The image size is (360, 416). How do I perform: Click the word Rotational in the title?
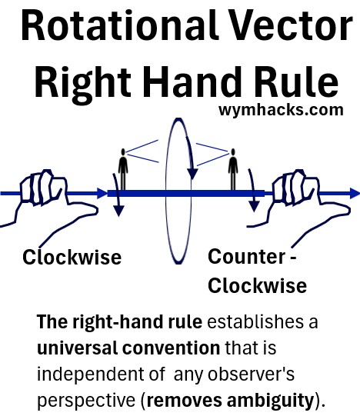119,25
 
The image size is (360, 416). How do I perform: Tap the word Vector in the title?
291,25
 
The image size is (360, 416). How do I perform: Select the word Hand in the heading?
193,82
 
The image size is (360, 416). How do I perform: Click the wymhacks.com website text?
281,109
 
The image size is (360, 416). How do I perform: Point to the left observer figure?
123,169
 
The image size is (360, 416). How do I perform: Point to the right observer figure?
233,169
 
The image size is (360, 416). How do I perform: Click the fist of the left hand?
42,188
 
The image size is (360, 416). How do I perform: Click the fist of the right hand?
295,188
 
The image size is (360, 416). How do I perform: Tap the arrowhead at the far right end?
355,193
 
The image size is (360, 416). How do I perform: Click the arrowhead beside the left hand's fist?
102,193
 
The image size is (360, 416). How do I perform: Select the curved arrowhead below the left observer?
118,211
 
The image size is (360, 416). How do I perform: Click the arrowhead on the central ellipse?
192,174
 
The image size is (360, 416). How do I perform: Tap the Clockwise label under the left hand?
72,257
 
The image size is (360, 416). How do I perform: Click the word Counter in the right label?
247,257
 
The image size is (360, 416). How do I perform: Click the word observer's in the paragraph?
251,374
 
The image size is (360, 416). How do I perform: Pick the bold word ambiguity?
270,401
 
